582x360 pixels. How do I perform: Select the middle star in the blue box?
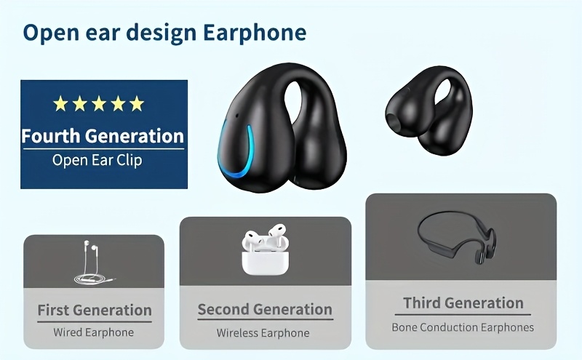click(x=99, y=104)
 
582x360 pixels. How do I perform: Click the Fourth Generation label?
click(x=103, y=136)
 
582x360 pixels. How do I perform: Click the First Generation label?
click(x=95, y=310)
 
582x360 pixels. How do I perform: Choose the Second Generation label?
click(x=265, y=309)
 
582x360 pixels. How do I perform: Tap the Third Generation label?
click(x=463, y=303)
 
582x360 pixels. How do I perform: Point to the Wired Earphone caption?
click(x=94, y=332)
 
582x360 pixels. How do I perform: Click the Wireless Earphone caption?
click(x=263, y=333)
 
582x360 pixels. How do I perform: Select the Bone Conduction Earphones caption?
click(x=463, y=327)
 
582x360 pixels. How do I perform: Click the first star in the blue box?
click(x=60, y=104)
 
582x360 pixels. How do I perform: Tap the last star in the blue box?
click(x=137, y=104)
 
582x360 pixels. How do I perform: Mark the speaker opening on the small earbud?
click(x=394, y=113)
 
